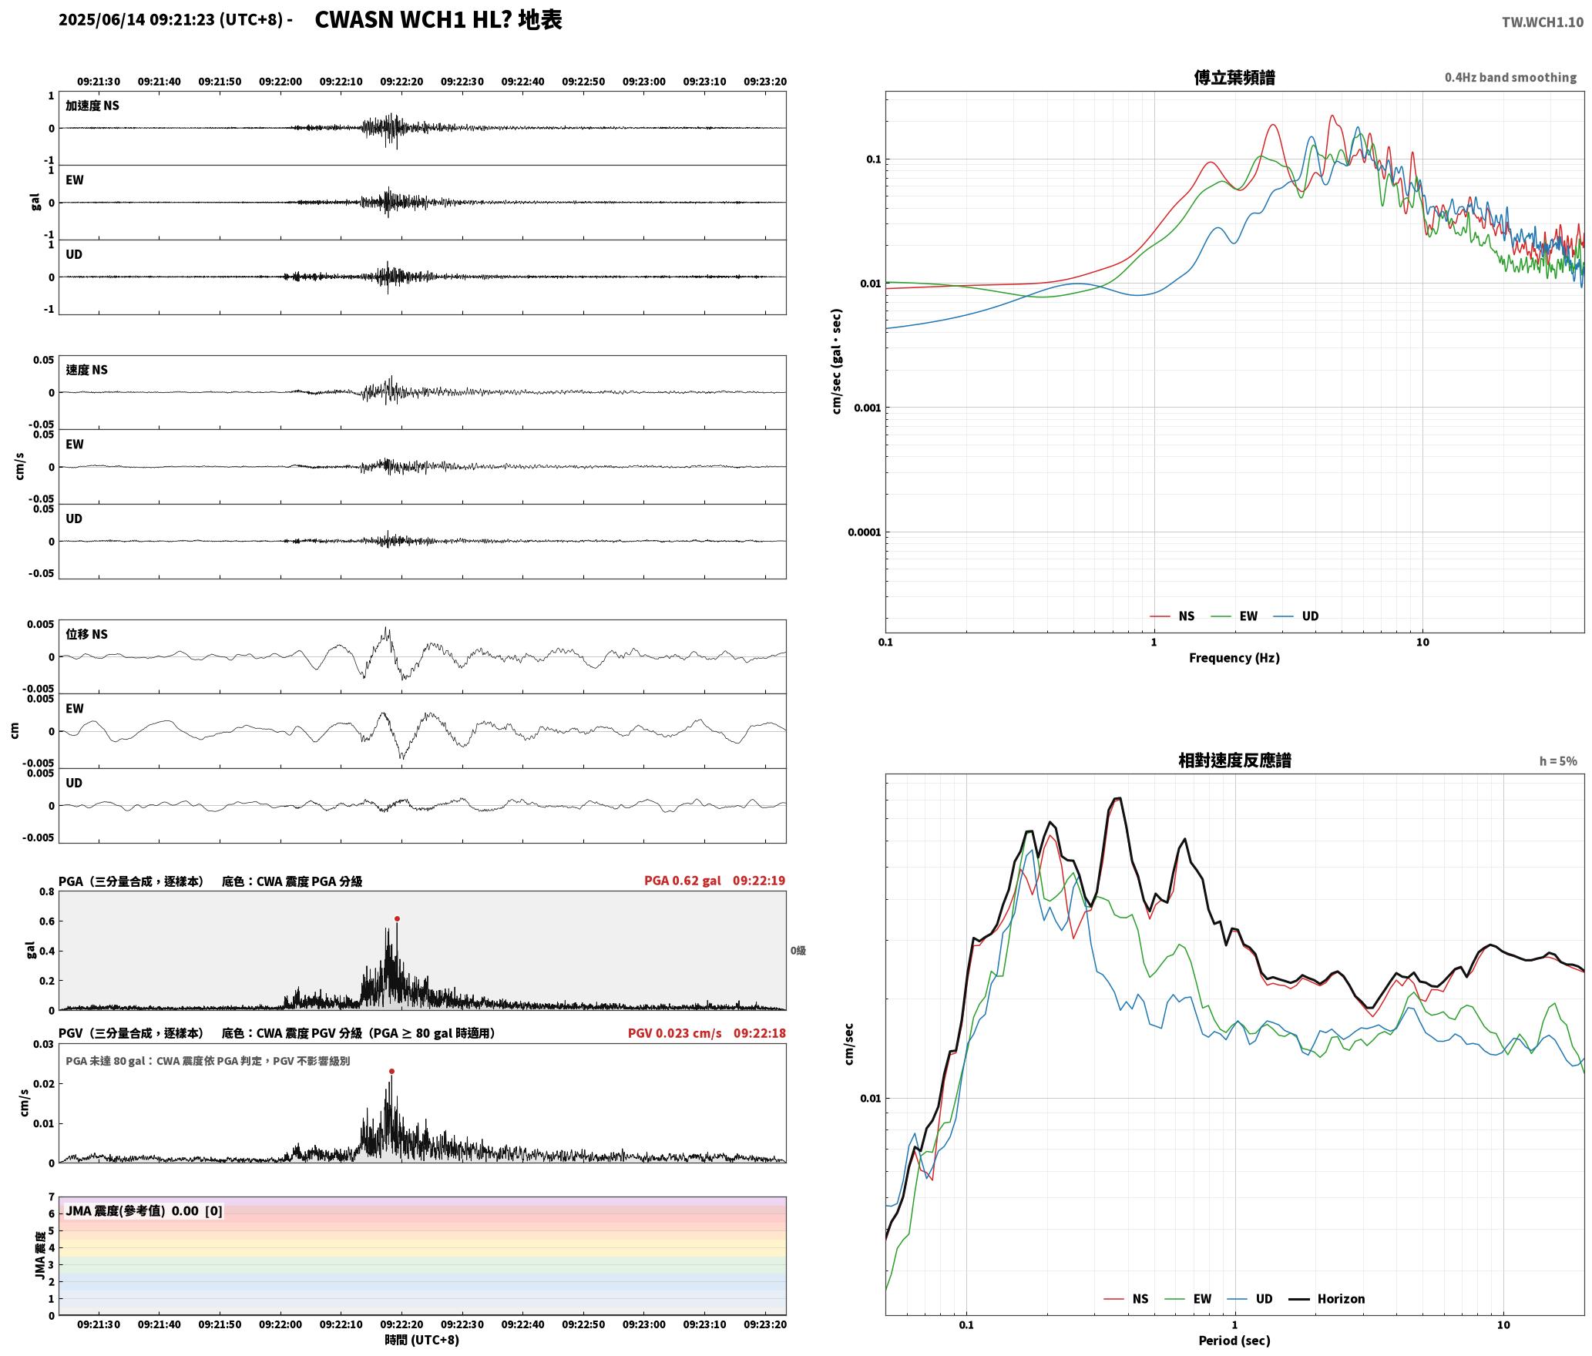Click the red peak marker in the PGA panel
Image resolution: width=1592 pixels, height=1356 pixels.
point(397,918)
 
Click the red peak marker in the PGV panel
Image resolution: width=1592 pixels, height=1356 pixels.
point(391,1071)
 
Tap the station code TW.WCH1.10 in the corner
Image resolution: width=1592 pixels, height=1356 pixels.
point(1542,22)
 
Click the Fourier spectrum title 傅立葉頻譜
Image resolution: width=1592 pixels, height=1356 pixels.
point(1234,77)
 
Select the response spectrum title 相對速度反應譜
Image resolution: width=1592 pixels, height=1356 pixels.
point(1234,760)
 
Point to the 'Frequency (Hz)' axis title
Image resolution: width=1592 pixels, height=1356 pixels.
point(1234,657)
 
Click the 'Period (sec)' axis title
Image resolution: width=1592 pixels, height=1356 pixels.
point(1234,1340)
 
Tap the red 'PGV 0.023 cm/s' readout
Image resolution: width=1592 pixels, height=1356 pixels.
point(674,1032)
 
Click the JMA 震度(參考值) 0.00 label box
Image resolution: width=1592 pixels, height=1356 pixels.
point(144,1210)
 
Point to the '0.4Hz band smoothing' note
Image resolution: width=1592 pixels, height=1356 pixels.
point(1510,77)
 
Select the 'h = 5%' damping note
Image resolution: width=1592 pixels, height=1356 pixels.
point(1558,761)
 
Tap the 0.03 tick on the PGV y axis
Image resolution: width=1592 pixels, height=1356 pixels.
point(43,1044)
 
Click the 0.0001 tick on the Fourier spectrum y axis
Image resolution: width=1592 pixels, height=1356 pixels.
point(864,532)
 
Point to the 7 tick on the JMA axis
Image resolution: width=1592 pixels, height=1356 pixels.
point(52,1197)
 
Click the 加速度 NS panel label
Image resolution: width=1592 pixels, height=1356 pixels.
point(92,106)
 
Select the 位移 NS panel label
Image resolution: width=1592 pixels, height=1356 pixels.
point(86,634)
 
